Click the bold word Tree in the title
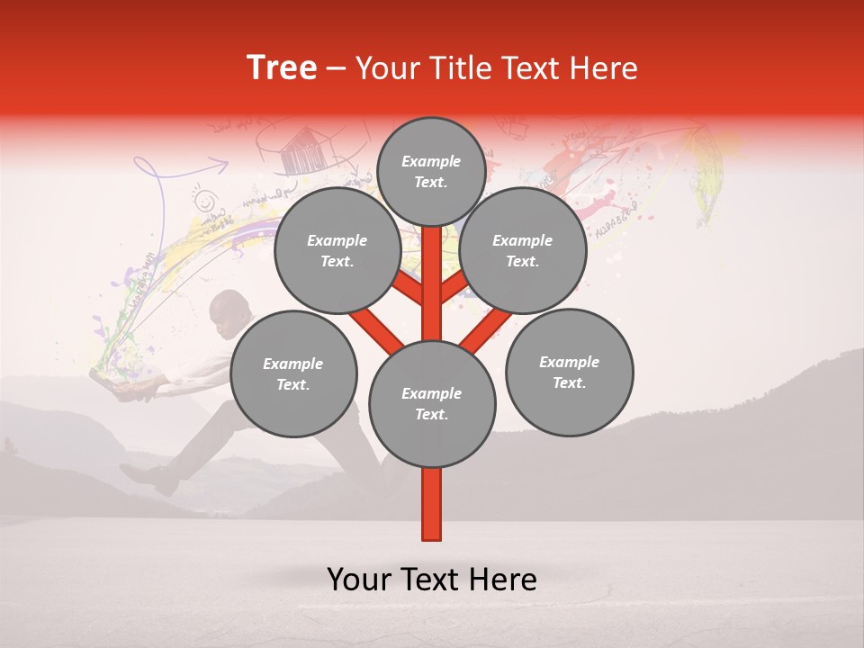point(282,68)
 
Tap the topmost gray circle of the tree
point(431,172)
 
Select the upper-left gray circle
point(337,251)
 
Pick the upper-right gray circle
point(522,251)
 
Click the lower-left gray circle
point(293,373)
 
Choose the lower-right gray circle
point(569,372)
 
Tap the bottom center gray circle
point(432,404)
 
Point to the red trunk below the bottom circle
point(432,504)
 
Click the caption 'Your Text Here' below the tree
point(432,580)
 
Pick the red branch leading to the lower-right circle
point(486,330)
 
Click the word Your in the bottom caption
point(358,580)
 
